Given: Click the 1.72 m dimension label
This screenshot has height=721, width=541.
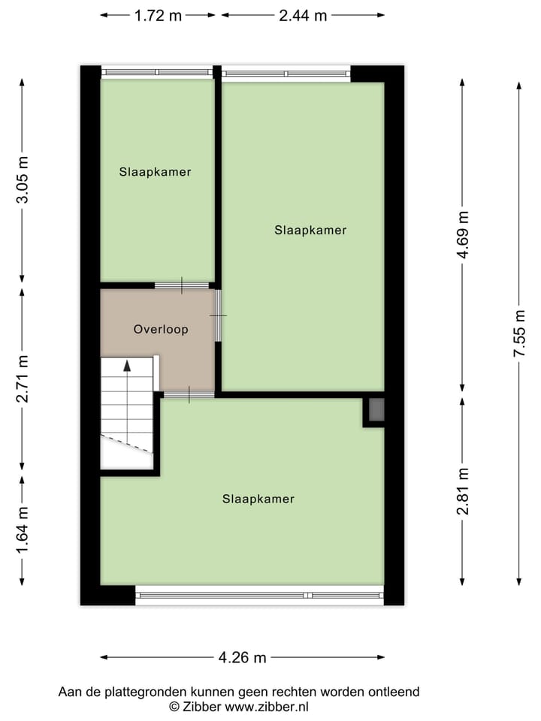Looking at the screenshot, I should click(x=159, y=15).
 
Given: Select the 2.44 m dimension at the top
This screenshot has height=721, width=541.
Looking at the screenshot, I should click(x=303, y=15).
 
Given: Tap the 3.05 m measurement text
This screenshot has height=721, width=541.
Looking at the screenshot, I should click(x=23, y=180).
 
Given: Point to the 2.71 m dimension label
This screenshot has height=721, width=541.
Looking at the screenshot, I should click(x=23, y=379).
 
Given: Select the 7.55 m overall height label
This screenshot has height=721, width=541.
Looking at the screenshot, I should click(x=519, y=333).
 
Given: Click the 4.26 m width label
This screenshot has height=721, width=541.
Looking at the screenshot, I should click(x=243, y=658).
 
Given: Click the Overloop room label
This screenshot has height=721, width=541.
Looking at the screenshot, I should click(x=160, y=329).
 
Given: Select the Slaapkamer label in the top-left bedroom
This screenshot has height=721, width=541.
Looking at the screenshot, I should click(x=155, y=172).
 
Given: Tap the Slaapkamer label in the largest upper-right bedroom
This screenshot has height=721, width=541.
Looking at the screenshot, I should click(x=310, y=231).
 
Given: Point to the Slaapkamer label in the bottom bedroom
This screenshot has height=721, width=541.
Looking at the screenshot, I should click(x=258, y=499).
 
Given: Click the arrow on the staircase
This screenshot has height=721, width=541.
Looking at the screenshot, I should click(x=127, y=366).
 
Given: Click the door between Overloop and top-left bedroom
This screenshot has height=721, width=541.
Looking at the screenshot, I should click(x=181, y=285).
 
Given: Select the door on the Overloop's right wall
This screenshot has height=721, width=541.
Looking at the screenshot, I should click(x=218, y=315).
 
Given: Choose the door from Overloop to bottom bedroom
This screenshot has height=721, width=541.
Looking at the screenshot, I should click(x=188, y=394).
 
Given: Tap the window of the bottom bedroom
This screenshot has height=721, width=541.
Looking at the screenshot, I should click(x=259, y=596).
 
